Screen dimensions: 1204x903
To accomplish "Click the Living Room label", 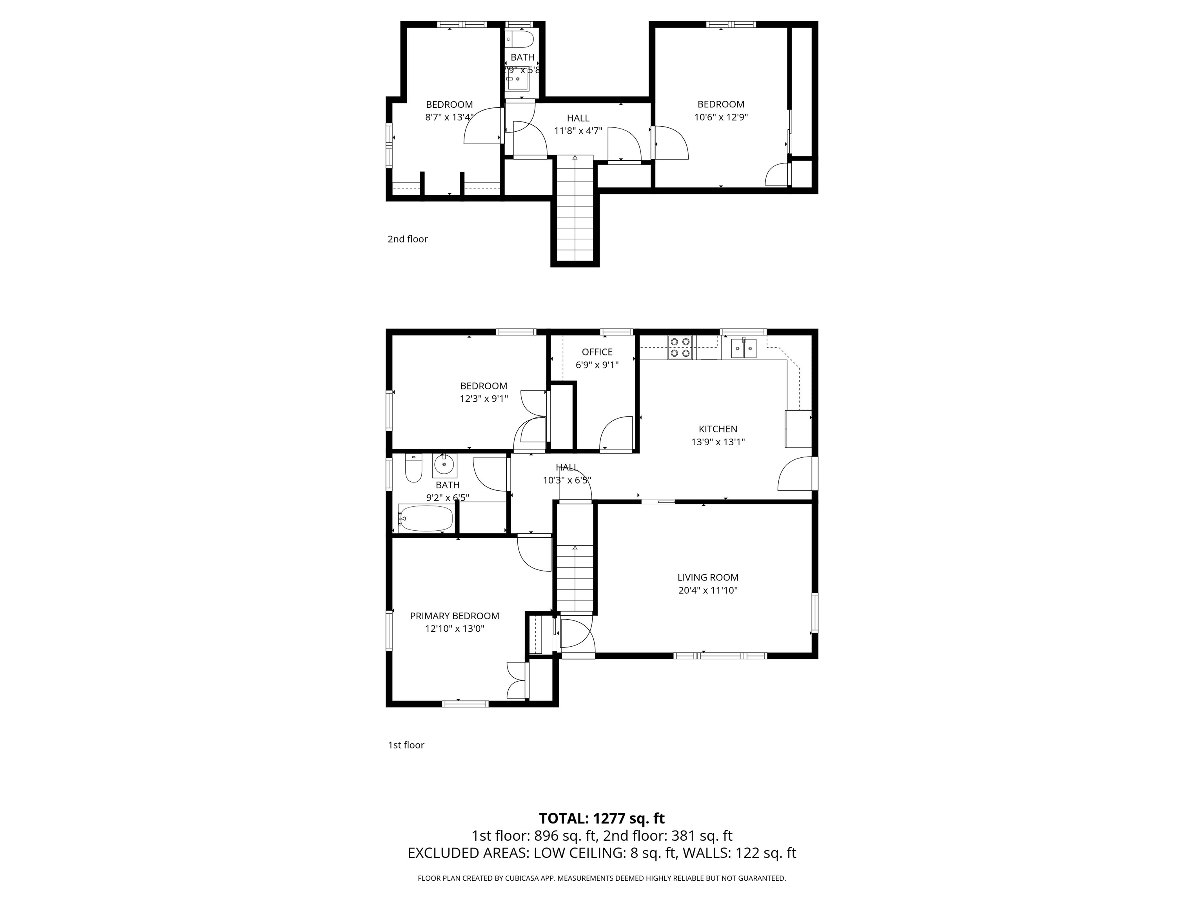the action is pyautogui.click(x=707, y=578).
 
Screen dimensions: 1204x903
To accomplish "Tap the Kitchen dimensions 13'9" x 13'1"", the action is pyautogui.click(x=718, y=442).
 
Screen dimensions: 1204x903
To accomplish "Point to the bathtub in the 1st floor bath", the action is pyautogui.click(x=426, y=519).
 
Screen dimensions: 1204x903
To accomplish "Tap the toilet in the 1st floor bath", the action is pyautogui.click(x=413, y=469).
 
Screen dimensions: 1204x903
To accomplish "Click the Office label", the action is pyautogui.click(x=597, y=352).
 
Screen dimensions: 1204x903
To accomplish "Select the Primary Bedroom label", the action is pyautogui.click(x=455, y=616).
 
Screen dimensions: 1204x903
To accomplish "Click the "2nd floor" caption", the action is pyautogui.click(x=408, y=239).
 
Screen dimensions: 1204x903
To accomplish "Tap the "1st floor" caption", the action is pyautogui.click(x=406, y=745).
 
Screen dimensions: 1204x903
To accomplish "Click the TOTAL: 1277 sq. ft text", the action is pyautogui.click(x=602, y=833).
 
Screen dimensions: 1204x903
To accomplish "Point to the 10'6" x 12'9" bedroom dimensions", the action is pyautogui.click(x=721, y=117).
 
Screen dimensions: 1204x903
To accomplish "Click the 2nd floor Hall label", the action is pyautogui.click(x=578, y=118).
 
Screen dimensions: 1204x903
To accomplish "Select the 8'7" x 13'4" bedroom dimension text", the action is pyautogui.click(x=450, y=117).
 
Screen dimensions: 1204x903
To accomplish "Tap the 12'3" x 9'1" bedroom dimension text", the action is pyautogui.click(x=484, y=399).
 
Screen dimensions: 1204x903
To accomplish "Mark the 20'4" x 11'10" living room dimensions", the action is pyautogui.click(x=707, y=591).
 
